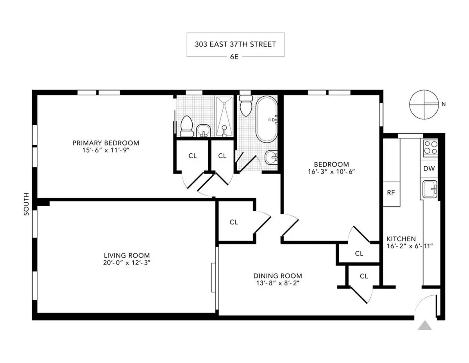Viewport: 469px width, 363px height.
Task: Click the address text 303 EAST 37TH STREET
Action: click(x=235, y=44)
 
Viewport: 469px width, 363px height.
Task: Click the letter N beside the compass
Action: click(x=443, y=104)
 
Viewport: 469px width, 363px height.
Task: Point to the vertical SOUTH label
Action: click(x=27, y=204)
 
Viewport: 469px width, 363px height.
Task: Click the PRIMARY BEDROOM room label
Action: click(x=106, y=143)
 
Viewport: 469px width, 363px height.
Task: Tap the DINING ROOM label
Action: click(x=277, y=275)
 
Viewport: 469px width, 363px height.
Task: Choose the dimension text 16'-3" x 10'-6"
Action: click(x=331, y=171)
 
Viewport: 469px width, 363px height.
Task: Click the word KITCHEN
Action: click(x=401, y=239)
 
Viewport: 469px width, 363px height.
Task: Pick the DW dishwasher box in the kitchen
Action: click(x=429, y=169)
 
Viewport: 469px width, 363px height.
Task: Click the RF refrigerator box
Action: click(x=391, y=192)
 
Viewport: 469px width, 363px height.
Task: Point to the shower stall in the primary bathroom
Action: click(x=224, y=117)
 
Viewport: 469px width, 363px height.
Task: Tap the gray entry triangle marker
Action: click(x=424, y=326)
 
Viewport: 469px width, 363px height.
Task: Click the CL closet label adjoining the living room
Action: click(x=234, y=222)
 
